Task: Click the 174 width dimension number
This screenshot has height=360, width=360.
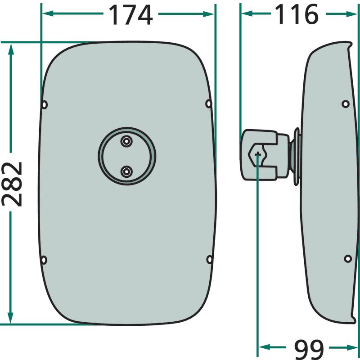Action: [x=130, y=15]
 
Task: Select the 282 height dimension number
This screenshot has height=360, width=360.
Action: [x=12, y=184]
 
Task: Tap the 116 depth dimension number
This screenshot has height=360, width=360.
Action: [x=297, y=14]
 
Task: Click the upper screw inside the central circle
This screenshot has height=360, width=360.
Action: [x=126, y=141]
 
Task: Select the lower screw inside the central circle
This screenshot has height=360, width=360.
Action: [x=126, y=171]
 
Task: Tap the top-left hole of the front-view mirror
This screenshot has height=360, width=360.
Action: [x=45, y=105]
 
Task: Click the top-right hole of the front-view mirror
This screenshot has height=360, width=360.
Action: [x=208, y=103]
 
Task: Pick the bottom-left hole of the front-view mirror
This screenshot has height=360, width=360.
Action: [x=44, y=260]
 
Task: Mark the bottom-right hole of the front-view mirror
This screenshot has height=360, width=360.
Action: [x=209, y=260]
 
